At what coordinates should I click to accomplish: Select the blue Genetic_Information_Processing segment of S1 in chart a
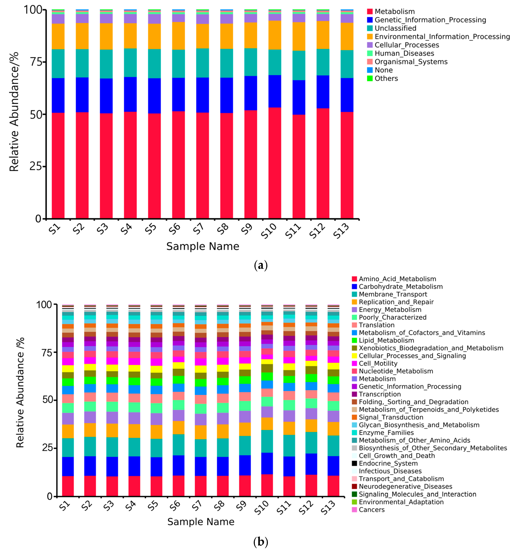click(58, 95)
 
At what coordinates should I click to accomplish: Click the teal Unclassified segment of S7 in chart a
click(202, 63)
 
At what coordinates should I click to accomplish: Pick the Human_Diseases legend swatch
click(369, 53)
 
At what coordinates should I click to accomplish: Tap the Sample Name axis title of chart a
click(203, 246)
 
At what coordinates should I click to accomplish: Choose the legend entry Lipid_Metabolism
click(386, 340)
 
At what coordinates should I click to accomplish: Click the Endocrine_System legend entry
click(388, 463)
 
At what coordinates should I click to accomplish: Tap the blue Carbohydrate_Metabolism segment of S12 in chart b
click(311, 464)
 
